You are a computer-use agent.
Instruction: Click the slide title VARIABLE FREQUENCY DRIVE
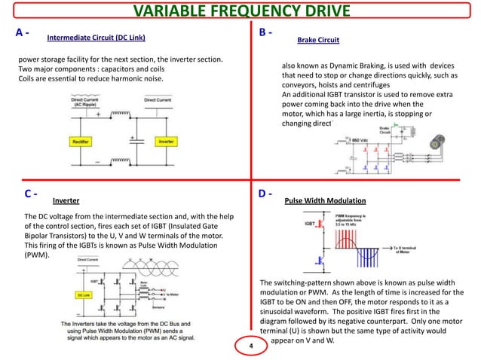(x=240, y=11)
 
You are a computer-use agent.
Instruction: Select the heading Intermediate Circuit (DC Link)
(x=97, y=37)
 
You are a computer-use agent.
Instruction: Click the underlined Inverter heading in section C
(x=66, y=202)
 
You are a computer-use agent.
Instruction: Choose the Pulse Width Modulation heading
(x=325, y=202)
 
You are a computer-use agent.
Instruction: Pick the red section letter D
(x=263, y=194)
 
